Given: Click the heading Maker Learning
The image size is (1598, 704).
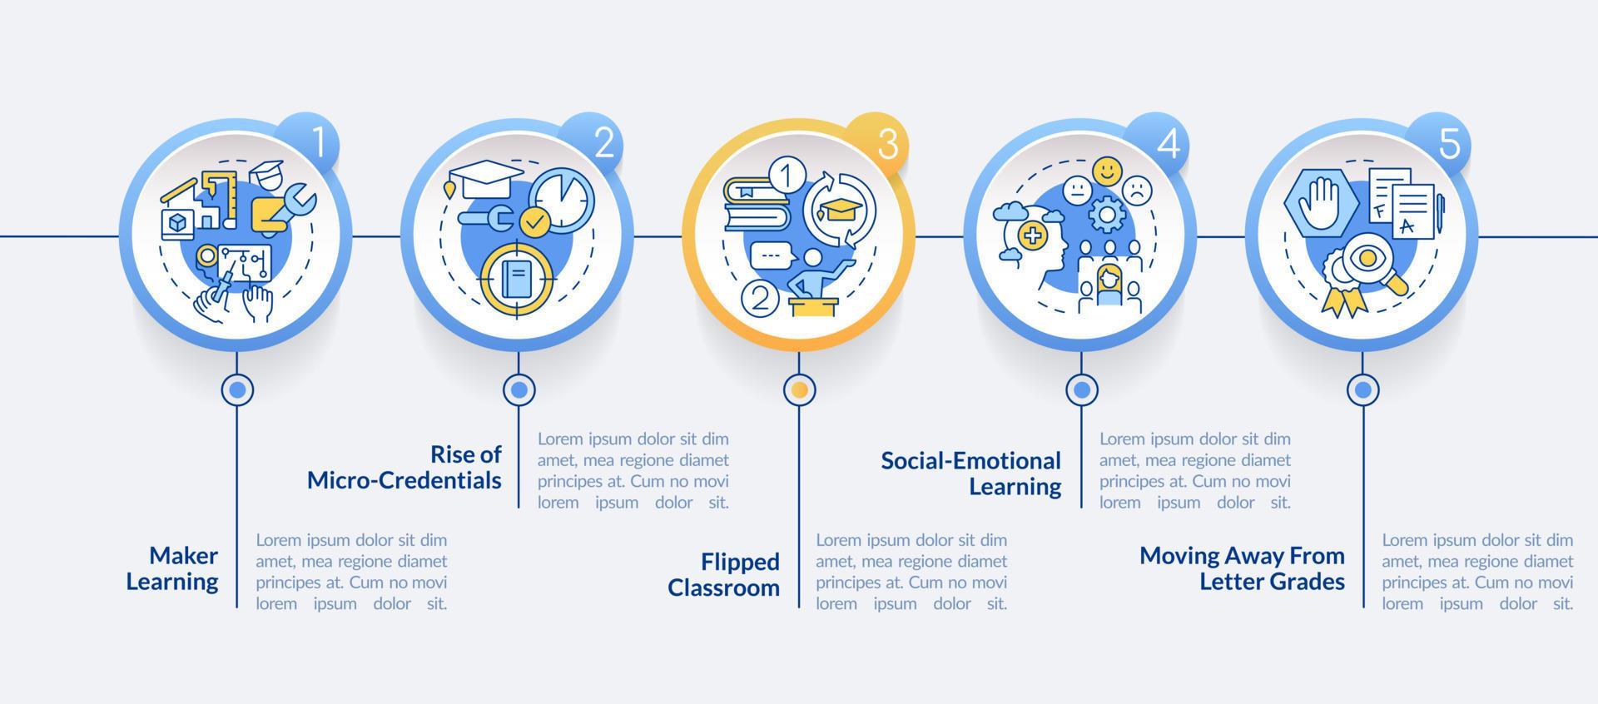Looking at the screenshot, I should tap(172, 568).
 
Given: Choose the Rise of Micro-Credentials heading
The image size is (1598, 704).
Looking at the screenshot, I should tap(404, 467).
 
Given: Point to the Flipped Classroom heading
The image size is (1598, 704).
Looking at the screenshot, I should tap(724, 574).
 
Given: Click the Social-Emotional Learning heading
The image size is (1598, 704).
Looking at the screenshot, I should tap(971, 473).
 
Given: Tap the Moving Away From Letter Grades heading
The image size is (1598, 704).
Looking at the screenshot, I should tap(1242, 568).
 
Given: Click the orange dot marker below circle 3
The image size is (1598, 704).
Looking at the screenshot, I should tap(800, 389).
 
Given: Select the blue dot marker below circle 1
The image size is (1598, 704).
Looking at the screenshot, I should tap(238, 389).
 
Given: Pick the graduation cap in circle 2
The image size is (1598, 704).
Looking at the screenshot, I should tap(484, 179).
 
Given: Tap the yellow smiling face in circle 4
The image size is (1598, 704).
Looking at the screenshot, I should tap(1107, 171).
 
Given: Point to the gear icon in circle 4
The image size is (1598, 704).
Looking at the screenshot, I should tap(1107, 215).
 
